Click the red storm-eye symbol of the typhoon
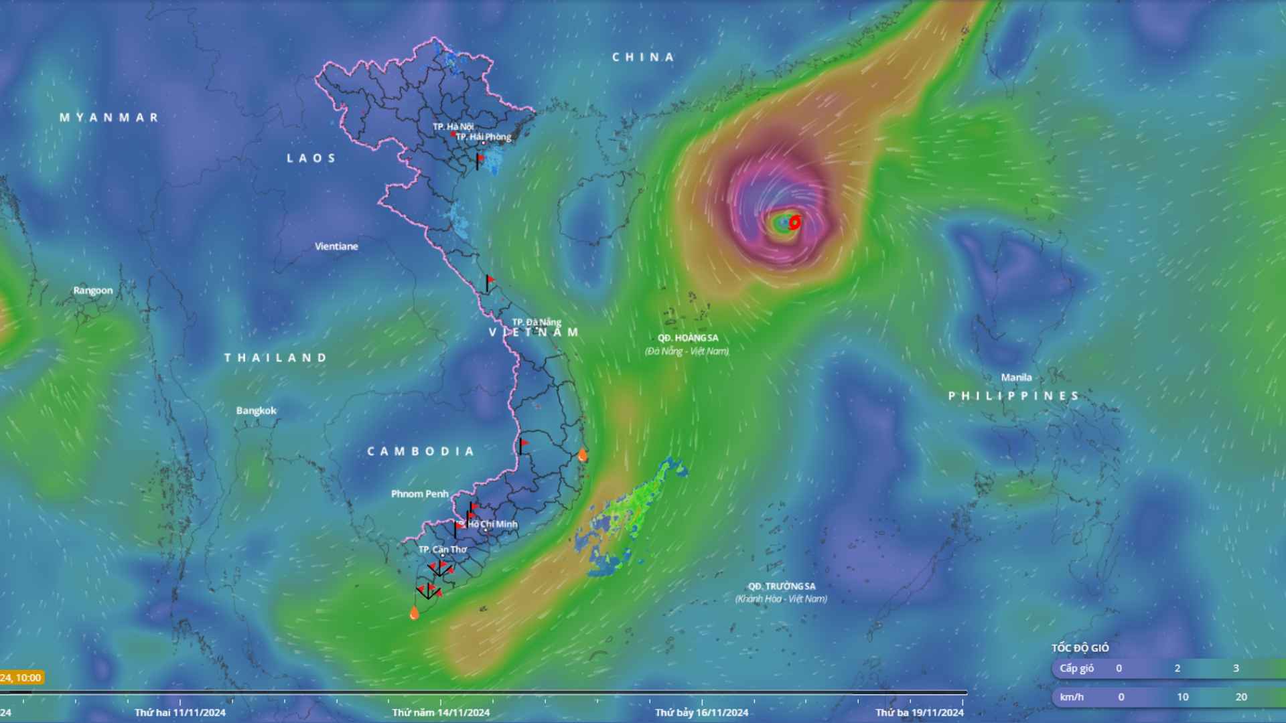(794, 222)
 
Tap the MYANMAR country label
(109, 118)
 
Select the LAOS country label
(311, 159)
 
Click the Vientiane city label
(336, 246)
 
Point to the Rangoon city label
(93, 291)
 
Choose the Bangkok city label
(256, 410)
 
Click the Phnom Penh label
(420, 494)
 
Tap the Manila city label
(1016, 378)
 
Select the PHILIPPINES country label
(1013, 396)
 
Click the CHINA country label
(643, 58)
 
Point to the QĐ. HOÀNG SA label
(688, 338)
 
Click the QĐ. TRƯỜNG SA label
(782, 586)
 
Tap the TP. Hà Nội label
(453, 127)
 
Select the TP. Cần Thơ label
(443, 550)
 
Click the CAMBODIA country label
(421, 452)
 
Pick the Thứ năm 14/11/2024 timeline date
(441, 712)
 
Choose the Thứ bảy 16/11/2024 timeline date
(701, 712)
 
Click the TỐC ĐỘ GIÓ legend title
(1080, 648)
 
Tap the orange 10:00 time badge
(21, 677)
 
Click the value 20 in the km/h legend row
(1241, 697)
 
